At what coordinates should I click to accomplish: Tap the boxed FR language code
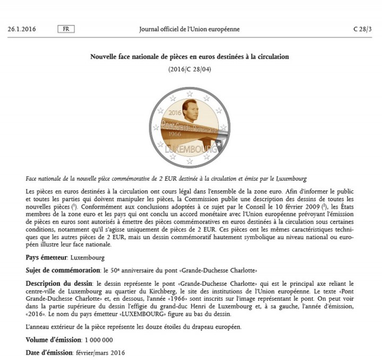pyautogui.click(x=65, y=29)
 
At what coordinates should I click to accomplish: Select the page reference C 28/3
pyautogui.click(x=363, y=29)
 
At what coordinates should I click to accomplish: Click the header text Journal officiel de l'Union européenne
pyautogui.click(x=189, y=29)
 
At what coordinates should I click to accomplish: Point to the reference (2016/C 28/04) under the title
pyautogui.click(x=189, y=69)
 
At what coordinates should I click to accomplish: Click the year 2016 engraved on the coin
pyautogui.click(x=175, y=113)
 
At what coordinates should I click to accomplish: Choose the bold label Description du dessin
pyautogui.click(x=59, y=285)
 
